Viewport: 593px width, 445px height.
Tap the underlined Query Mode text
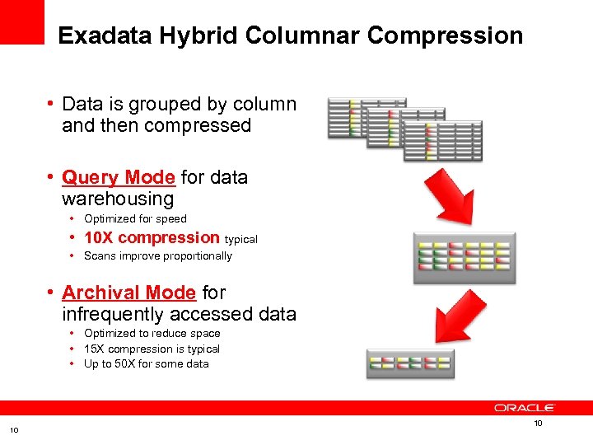click(x=119, y=177)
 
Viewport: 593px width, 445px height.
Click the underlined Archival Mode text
click(x=129, y=293)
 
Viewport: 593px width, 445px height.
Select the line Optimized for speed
click(x=135, y=218)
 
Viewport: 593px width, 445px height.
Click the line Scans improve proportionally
click(x=158, y=255)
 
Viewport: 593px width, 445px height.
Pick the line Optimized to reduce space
click(x=152, y=333)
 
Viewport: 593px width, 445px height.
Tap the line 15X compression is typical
click(x=152, y=349)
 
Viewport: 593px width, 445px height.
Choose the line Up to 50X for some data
click(x=147, y=363)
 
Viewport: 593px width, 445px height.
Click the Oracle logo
click(x=525, y=407)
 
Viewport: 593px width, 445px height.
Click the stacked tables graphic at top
click(x=404, y=128)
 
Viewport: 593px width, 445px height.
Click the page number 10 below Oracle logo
click(x=539, y=424)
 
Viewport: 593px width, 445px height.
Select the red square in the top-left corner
click(x=21, y=21)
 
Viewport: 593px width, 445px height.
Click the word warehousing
click(x=118, y=199)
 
